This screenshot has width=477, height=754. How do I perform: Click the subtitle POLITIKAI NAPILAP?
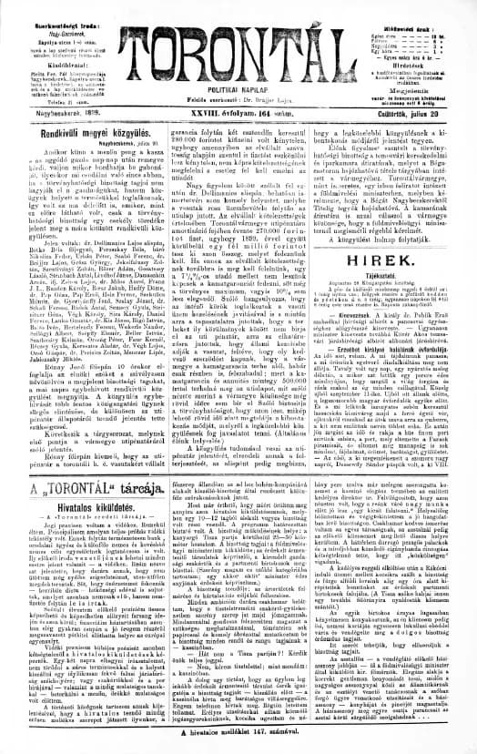pos(238,80)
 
